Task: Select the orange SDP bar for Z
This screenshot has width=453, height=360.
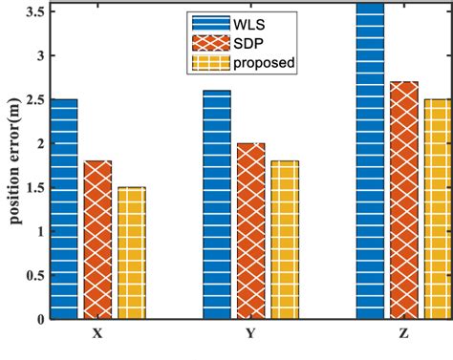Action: click(x=403, y=200)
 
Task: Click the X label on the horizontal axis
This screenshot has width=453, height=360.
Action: click(x=97, y=335)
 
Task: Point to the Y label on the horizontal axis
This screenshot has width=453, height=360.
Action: click(x=250, y=335)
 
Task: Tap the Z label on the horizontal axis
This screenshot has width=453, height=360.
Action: click(x=403, y=335)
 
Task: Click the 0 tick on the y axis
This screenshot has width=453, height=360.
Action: click(x=40, y=319)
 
